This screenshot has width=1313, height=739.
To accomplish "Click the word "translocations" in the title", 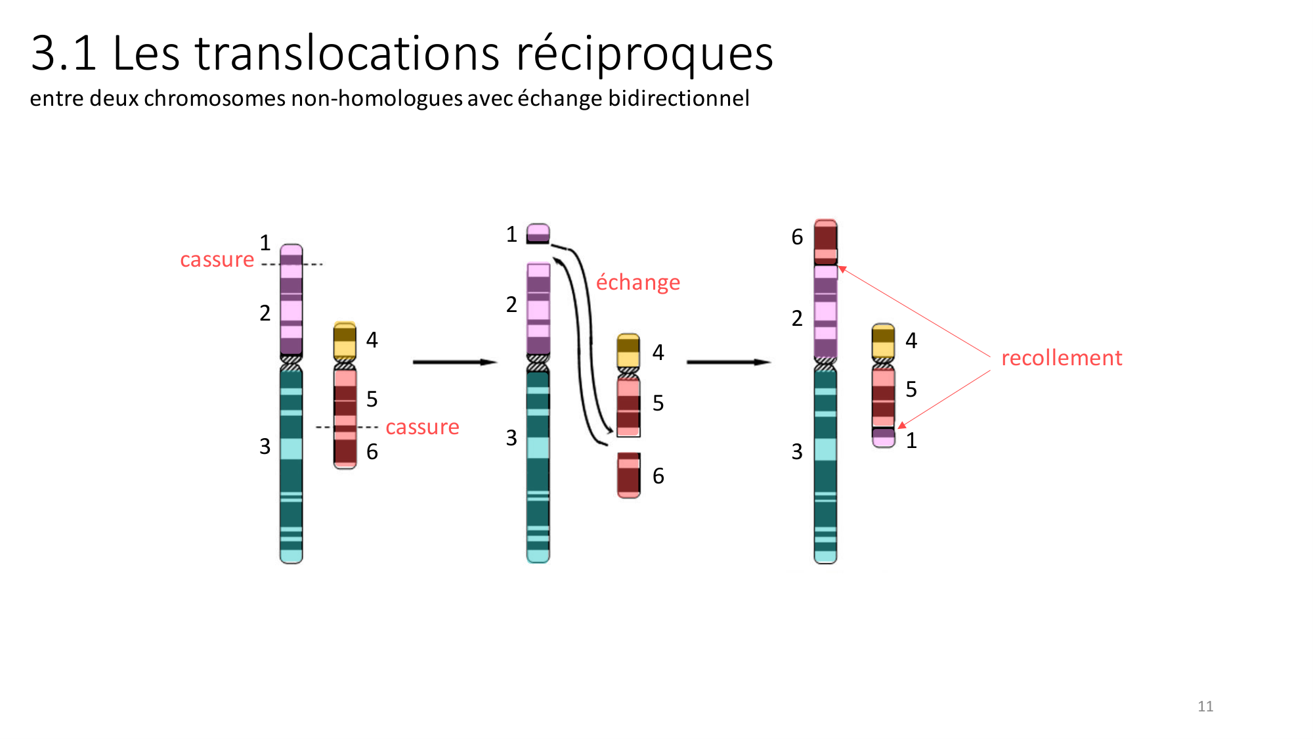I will point(347,53).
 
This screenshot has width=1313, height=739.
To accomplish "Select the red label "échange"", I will point(637,282).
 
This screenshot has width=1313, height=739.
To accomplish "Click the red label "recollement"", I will point(1061,358).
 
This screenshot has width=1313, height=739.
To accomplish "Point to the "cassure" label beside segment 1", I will point(217,260).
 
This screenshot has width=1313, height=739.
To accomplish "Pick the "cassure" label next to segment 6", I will point(422,428).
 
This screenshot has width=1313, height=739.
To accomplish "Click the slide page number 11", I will point(1205,707).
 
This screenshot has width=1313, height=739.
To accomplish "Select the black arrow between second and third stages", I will point(728,362).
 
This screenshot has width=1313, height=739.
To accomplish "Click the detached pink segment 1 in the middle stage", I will point(538,234).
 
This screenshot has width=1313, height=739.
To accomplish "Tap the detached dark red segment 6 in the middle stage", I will point(628,475).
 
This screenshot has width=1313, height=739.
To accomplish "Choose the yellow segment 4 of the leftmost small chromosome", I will point(345,340).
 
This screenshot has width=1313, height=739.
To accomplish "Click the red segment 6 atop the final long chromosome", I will point(825,242).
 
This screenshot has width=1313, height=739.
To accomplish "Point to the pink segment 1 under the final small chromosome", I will point(884,438).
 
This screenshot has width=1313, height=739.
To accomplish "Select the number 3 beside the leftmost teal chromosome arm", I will point(265,447).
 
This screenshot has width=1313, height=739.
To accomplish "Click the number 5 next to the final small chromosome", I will point(911,390).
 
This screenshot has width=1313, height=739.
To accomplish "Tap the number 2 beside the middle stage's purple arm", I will point(511,305).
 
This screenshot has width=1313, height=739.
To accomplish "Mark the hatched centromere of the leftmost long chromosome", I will point(291,363).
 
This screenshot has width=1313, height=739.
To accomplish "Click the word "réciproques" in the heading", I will point(644,53).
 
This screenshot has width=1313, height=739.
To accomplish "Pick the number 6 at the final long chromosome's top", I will point(797,237).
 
